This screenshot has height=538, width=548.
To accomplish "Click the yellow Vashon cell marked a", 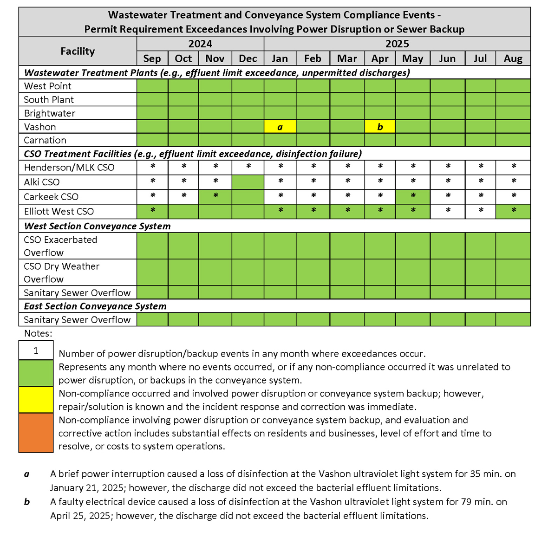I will [280, 127].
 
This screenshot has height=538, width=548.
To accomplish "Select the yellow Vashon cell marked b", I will [380, 127].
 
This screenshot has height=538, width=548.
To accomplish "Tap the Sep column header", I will [152, 58].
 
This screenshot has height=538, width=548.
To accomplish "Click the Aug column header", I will [513, 58].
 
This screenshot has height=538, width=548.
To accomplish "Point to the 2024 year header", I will [200, 44].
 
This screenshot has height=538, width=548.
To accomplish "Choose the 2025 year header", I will [397, 44].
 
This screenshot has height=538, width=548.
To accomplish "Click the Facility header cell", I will [78, 51].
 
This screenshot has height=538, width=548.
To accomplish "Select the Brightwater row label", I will [50, 113].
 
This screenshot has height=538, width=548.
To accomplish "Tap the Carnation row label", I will [45, 140].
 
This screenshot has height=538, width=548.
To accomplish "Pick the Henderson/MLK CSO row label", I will [69, 168].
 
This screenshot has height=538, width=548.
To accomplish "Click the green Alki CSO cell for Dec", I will [248, 182].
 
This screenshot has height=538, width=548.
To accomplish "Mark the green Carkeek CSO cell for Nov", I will [215, 196].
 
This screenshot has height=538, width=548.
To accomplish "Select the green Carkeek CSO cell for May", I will [412, 196].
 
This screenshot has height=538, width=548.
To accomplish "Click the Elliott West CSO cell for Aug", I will [513, 211].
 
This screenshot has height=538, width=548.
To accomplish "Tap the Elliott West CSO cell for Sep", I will [152, 211].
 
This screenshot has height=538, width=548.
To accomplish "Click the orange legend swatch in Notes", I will [36, 433].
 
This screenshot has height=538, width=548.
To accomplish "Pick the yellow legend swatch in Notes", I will [36, 400].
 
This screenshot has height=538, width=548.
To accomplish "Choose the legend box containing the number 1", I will [36, 350].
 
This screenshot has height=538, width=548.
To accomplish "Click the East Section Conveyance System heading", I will [95, 306].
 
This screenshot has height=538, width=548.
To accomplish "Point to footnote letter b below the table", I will [27, 502].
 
